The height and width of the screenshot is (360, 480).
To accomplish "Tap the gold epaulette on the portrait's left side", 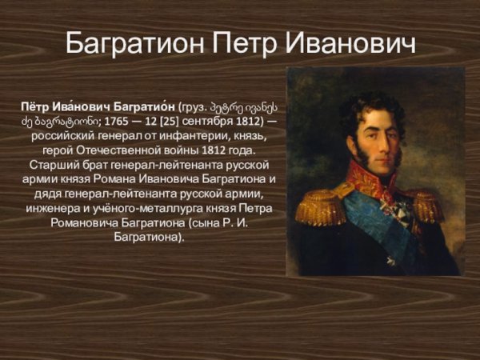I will (318, 206).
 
